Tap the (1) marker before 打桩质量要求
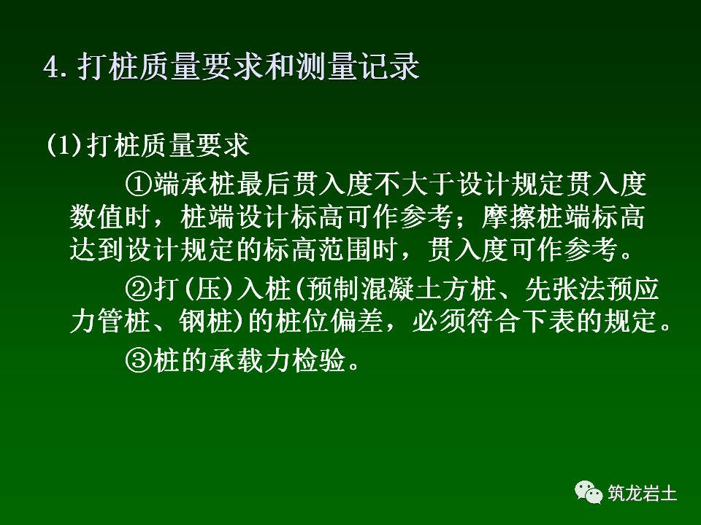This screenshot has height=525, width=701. pos(64,145)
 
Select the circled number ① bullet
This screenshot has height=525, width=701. pos(137,184)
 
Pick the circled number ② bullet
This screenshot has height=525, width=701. pos(137,289)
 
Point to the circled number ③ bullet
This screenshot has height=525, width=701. pos(137,359)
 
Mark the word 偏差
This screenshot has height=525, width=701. pos(370,322)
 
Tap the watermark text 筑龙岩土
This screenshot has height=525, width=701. pos(643,494)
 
